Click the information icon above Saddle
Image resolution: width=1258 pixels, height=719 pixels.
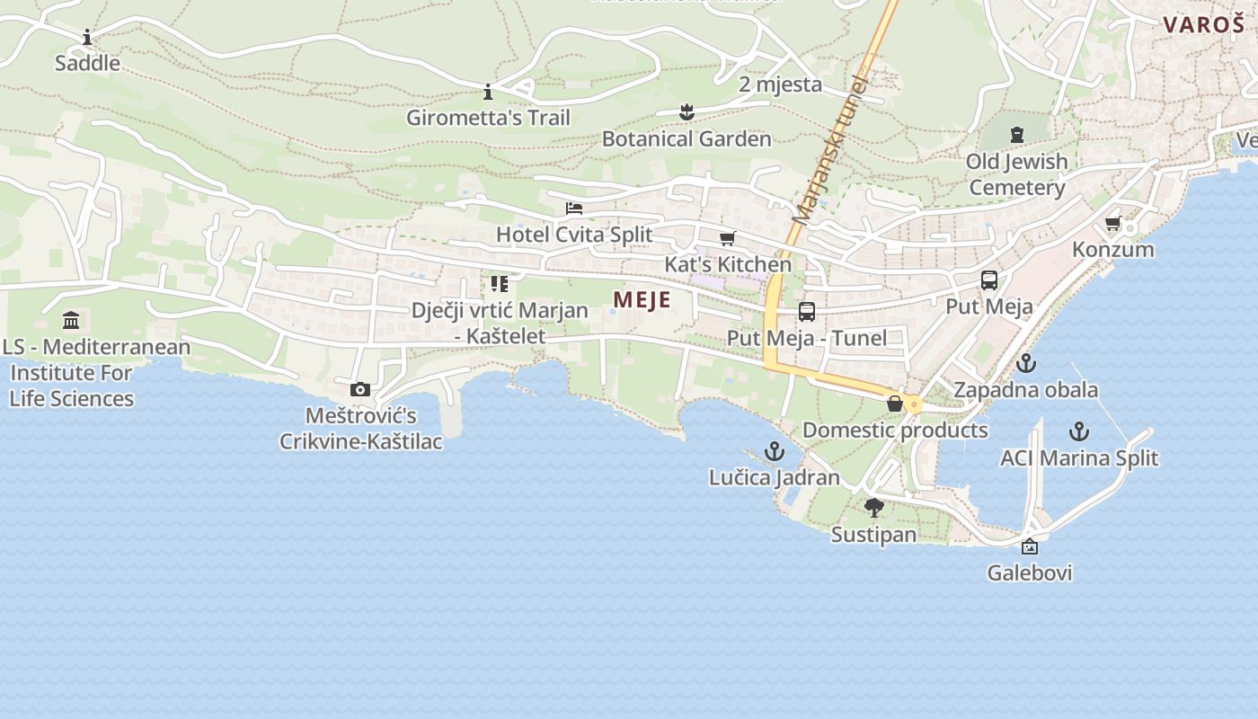(x=87, y=38)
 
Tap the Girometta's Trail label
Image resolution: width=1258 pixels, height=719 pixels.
(x=488, y=118)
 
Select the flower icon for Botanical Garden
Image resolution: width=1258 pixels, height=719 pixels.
(x=687, y=112)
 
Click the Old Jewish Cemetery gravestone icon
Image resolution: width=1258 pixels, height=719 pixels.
(x=1017, y=135)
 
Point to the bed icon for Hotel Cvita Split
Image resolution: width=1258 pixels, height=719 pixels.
(x=574, y=209)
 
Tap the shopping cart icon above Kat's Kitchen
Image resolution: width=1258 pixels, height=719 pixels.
(x=727, y=238)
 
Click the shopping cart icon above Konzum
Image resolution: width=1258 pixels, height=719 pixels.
(x=1113, y=223)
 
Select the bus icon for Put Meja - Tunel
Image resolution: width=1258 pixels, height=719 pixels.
(x=807, y=312)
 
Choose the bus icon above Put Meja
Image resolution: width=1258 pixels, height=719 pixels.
(x=989, y=280)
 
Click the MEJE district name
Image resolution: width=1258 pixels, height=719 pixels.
(x=642, y=299)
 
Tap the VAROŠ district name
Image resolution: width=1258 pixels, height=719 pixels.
(x=1203, y=24)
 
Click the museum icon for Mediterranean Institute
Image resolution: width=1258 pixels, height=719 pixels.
(x=71, y=321)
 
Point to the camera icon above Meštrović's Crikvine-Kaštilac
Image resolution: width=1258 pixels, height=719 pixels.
(x=360, y=389)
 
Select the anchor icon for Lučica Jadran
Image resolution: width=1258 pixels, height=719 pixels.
(x=774, y=451)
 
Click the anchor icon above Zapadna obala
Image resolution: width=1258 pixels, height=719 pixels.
(x=1025, y=364)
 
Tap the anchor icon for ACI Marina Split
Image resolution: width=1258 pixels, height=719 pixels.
(x=1079, y=431)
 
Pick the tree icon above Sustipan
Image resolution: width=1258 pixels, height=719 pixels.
(x=873, y=508)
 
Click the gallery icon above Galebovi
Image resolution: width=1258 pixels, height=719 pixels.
(x=1030, y=546)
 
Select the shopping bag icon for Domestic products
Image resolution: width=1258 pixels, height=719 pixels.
(x=895, y=404)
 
